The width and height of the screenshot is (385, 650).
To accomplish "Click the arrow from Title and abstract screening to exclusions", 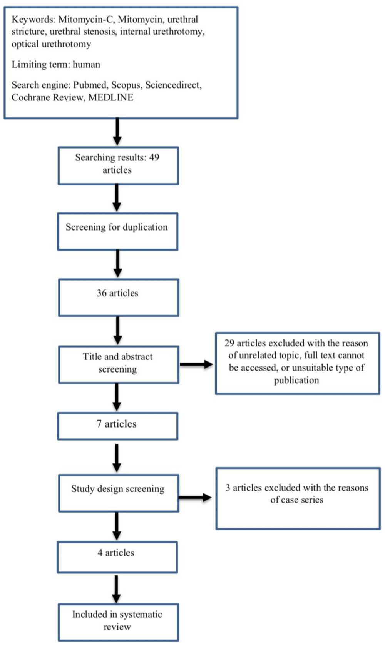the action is click(x=197, y=364).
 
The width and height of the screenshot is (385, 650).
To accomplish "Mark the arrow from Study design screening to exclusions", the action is click(x=195, y=498).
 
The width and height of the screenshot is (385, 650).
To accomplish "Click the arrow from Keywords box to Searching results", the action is click(x=117, y=132).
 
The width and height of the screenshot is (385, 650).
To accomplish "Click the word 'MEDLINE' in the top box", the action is click(x=110, y=97).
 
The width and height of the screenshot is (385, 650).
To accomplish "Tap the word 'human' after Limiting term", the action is click(x=86, y=64).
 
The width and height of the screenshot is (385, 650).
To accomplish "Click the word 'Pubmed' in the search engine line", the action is click(x=90, y=85).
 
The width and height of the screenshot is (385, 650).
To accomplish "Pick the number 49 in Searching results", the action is click(x=154, y=157).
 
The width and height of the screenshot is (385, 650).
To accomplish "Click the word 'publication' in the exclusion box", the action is click(x=296, y=380).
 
